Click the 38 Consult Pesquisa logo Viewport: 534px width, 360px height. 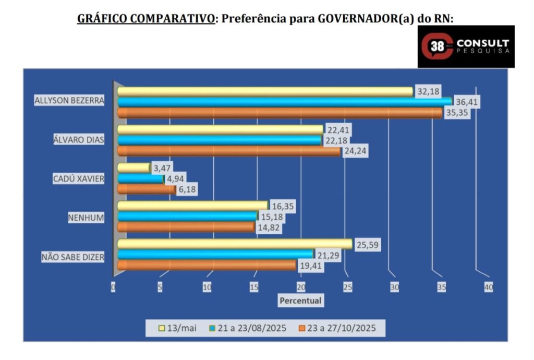click(x=466, y=46)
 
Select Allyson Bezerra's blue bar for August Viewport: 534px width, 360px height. click(x=284, y=102)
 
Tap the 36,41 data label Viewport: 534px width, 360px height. click(x=466, y=102)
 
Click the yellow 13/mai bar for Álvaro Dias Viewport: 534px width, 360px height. click(x=220, y=129)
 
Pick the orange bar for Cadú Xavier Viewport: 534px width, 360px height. click(x=147, y=189)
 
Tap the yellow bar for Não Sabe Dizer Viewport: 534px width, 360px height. click(x=235, y=243)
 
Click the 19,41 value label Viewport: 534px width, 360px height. click(x=311, y=265)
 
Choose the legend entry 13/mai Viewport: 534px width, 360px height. click(x=178, y=329)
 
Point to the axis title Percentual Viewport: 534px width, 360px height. click(x=300, y=301)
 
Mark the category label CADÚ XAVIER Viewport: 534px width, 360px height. click(x=79, y=179)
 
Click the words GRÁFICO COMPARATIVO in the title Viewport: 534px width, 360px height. click(x=145, y=19)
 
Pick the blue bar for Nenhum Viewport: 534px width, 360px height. click(x=187, y=216)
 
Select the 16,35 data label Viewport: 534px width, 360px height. click(x=282, y=206)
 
